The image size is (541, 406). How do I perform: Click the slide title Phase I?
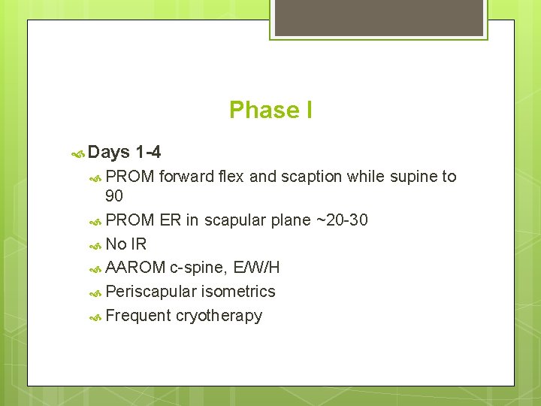(x=270, y=111)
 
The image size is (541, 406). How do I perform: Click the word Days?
(x=109, y=153)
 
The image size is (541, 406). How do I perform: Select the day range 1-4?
(x=148, y=153)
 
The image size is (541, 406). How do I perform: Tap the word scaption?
(x=312, y=177)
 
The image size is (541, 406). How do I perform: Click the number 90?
(x=115, y=196)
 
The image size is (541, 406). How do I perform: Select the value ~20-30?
(x=342, y=220)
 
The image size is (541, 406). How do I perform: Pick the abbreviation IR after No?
(x=139, y=244)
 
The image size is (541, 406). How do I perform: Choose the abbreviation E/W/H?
(x=257, y=268)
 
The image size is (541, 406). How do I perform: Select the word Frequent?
(x=138, y=316)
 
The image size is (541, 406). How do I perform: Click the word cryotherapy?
(x=219, y=316)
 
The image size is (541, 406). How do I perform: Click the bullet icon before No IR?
(x=95, y=245)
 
